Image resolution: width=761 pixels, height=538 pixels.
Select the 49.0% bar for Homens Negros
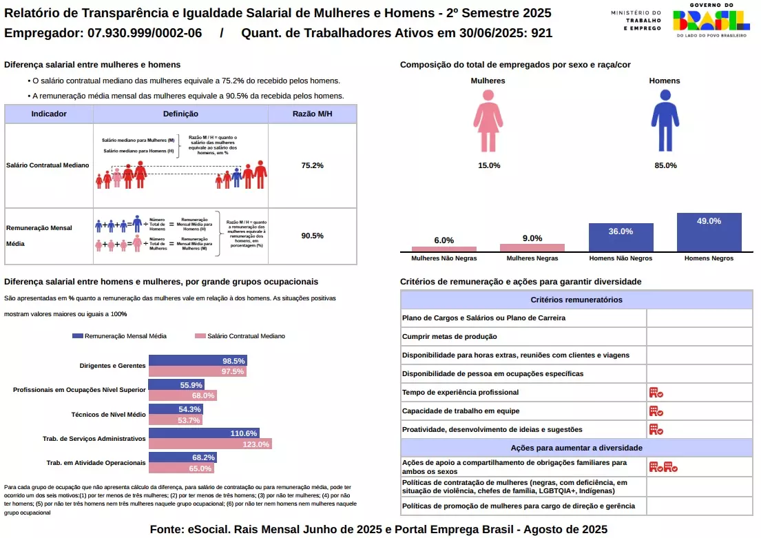[x=709, y=232]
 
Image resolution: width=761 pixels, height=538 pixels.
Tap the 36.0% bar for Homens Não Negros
[x=621, y=238]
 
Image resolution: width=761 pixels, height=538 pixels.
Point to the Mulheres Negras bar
[x=532, y=248]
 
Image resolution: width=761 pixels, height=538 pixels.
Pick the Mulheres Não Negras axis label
[x=444, y=259]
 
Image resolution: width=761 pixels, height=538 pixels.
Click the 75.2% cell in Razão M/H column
[x=312, y=165]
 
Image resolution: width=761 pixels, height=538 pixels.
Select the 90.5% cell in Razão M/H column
[x=312, y=236]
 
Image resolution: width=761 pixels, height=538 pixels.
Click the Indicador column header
[x=49, y=114]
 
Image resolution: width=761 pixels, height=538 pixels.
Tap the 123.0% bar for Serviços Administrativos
[x=210, y=444]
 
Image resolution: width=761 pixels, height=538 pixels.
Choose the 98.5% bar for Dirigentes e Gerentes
[x=198, y=361]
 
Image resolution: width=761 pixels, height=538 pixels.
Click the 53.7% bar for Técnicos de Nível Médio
[x=176, y=420]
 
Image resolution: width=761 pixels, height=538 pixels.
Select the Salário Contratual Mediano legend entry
[x=240, y=336]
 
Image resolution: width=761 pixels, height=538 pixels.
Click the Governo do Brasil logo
[x=711, y=21]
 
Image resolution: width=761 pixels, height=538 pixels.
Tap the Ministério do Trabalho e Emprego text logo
[x=636, y=20]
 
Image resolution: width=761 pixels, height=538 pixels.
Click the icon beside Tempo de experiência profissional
[x=656, y=393]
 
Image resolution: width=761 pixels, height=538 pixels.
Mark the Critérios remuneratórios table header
[x=576, y=300]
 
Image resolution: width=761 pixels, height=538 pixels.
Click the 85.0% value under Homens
[x=665, y=165]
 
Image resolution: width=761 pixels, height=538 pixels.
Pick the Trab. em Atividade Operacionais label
[x=96, y=462]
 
